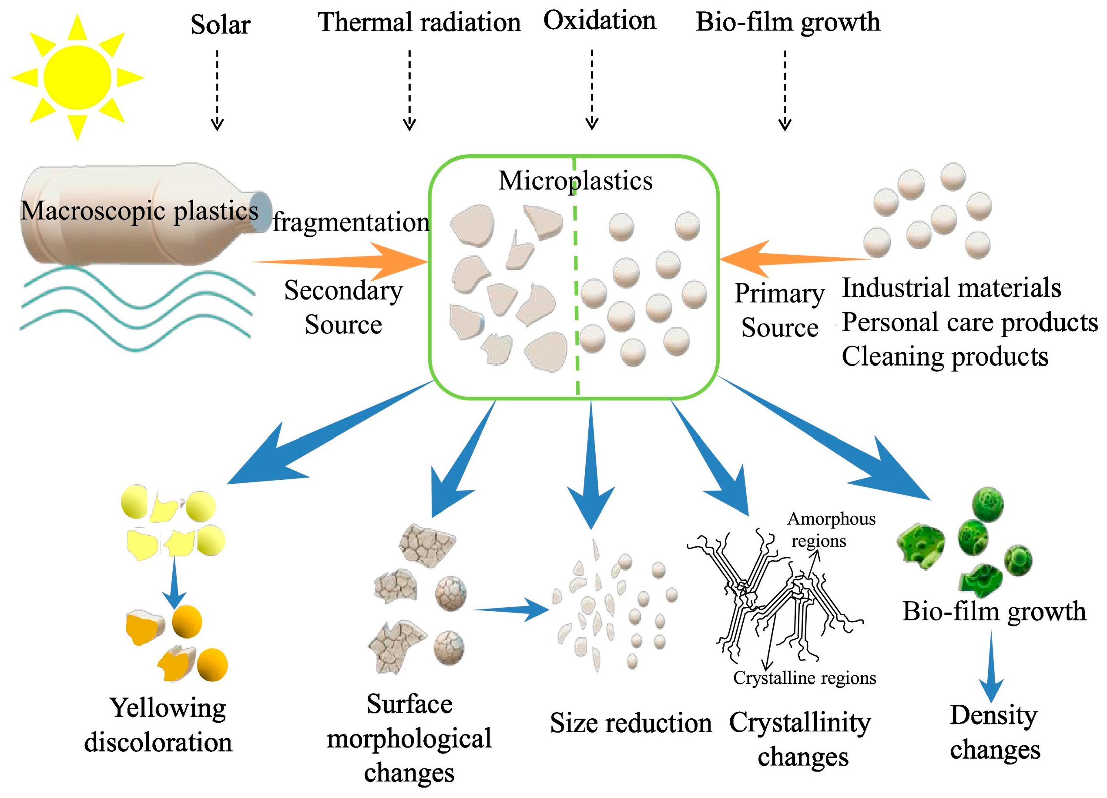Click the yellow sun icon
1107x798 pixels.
(x=77, y=77)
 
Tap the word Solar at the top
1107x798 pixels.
(x=220, y=24)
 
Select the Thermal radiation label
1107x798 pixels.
(x=419, y=23)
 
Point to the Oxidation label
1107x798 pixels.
(x=599, y=20)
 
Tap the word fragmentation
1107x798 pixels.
(x=350, y=222)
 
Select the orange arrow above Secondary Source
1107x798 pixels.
(x=342, y=262)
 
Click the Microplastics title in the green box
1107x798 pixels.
(x=575, y=181)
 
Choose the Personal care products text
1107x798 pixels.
(x=969, y=322)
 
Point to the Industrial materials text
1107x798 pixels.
(x=951, y=288)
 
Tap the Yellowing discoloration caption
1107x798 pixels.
(x=159, y=725)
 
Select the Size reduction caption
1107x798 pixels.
(x=631, y=723)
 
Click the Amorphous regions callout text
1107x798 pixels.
(x=831, y=529)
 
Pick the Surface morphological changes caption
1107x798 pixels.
(x=409, y=738)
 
